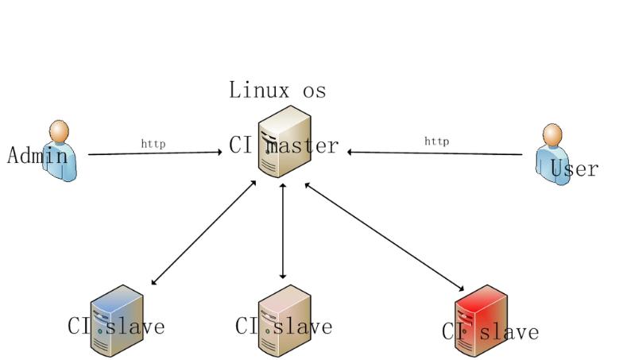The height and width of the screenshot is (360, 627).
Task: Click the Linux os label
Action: tap(277, 90)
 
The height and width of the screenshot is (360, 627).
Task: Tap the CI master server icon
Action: tap(284, 141)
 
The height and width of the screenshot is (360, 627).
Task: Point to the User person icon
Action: tap(554, 155)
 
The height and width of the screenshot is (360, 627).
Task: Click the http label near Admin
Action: tap(153, 144)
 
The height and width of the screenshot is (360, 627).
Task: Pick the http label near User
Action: tap(436, 141)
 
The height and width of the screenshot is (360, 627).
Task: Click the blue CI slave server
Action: tap(117, 319)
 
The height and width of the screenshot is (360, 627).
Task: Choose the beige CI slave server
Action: tap(284, 319)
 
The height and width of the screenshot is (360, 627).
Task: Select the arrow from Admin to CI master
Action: tap(155, 153)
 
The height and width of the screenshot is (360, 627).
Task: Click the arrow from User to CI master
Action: tap(435, 153)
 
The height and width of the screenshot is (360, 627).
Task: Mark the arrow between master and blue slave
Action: tap(203, 232)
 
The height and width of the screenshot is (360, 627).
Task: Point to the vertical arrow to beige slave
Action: tap(283, 230)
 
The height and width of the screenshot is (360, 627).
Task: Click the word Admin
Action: tap(37, 155)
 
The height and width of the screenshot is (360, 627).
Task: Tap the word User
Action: tap(574, 168)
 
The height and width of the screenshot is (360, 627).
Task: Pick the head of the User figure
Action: tap(552, 134)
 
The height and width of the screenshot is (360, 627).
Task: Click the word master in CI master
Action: tap(302, 146)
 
